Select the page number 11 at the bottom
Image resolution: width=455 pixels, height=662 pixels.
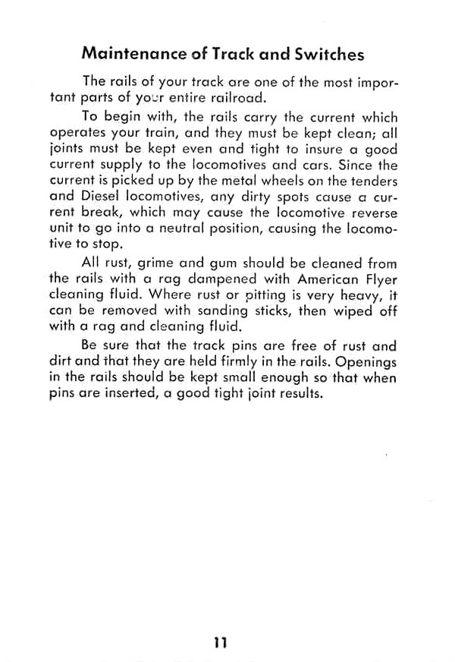[221, 642]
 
